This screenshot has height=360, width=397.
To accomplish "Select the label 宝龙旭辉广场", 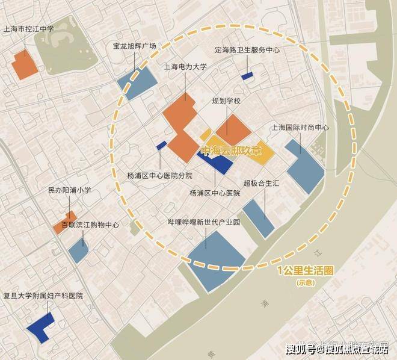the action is [134, 45].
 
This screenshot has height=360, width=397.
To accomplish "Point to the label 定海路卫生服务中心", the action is [247, 51].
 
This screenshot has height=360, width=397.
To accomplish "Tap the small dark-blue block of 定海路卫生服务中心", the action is [247, 76].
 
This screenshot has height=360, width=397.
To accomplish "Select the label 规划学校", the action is [226, 101].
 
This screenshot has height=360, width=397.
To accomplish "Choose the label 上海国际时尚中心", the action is [300, 128].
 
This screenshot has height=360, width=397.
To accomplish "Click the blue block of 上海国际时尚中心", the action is [304, 166].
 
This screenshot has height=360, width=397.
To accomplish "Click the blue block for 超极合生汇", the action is [259, 217].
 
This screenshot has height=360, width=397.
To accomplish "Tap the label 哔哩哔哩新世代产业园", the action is [204, 222].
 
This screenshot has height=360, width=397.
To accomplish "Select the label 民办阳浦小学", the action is [69, 190].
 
